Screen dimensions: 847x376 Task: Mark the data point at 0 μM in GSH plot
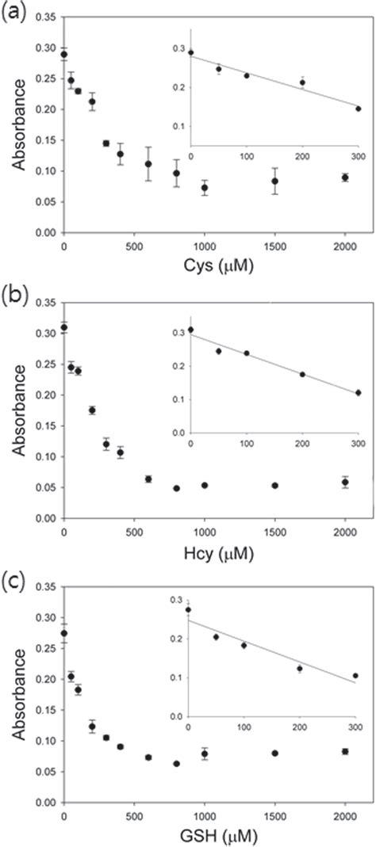pyautogui.click(x=64, y=633)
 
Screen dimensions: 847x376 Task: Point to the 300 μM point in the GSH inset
pyautogui.click(x=355, y=676)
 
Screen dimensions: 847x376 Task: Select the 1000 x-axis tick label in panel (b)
pyautogui.click(x=205, y=531)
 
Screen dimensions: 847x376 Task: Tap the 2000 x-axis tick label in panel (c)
pyautogui.click(x=345, y=815)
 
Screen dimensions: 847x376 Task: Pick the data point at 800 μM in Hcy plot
pyautogui.click(x=176, y=488)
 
